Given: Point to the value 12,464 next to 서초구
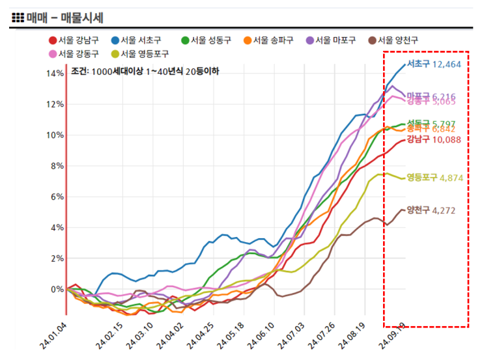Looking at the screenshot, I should [446, 64].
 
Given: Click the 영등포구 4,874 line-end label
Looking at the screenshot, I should [434, 177].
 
